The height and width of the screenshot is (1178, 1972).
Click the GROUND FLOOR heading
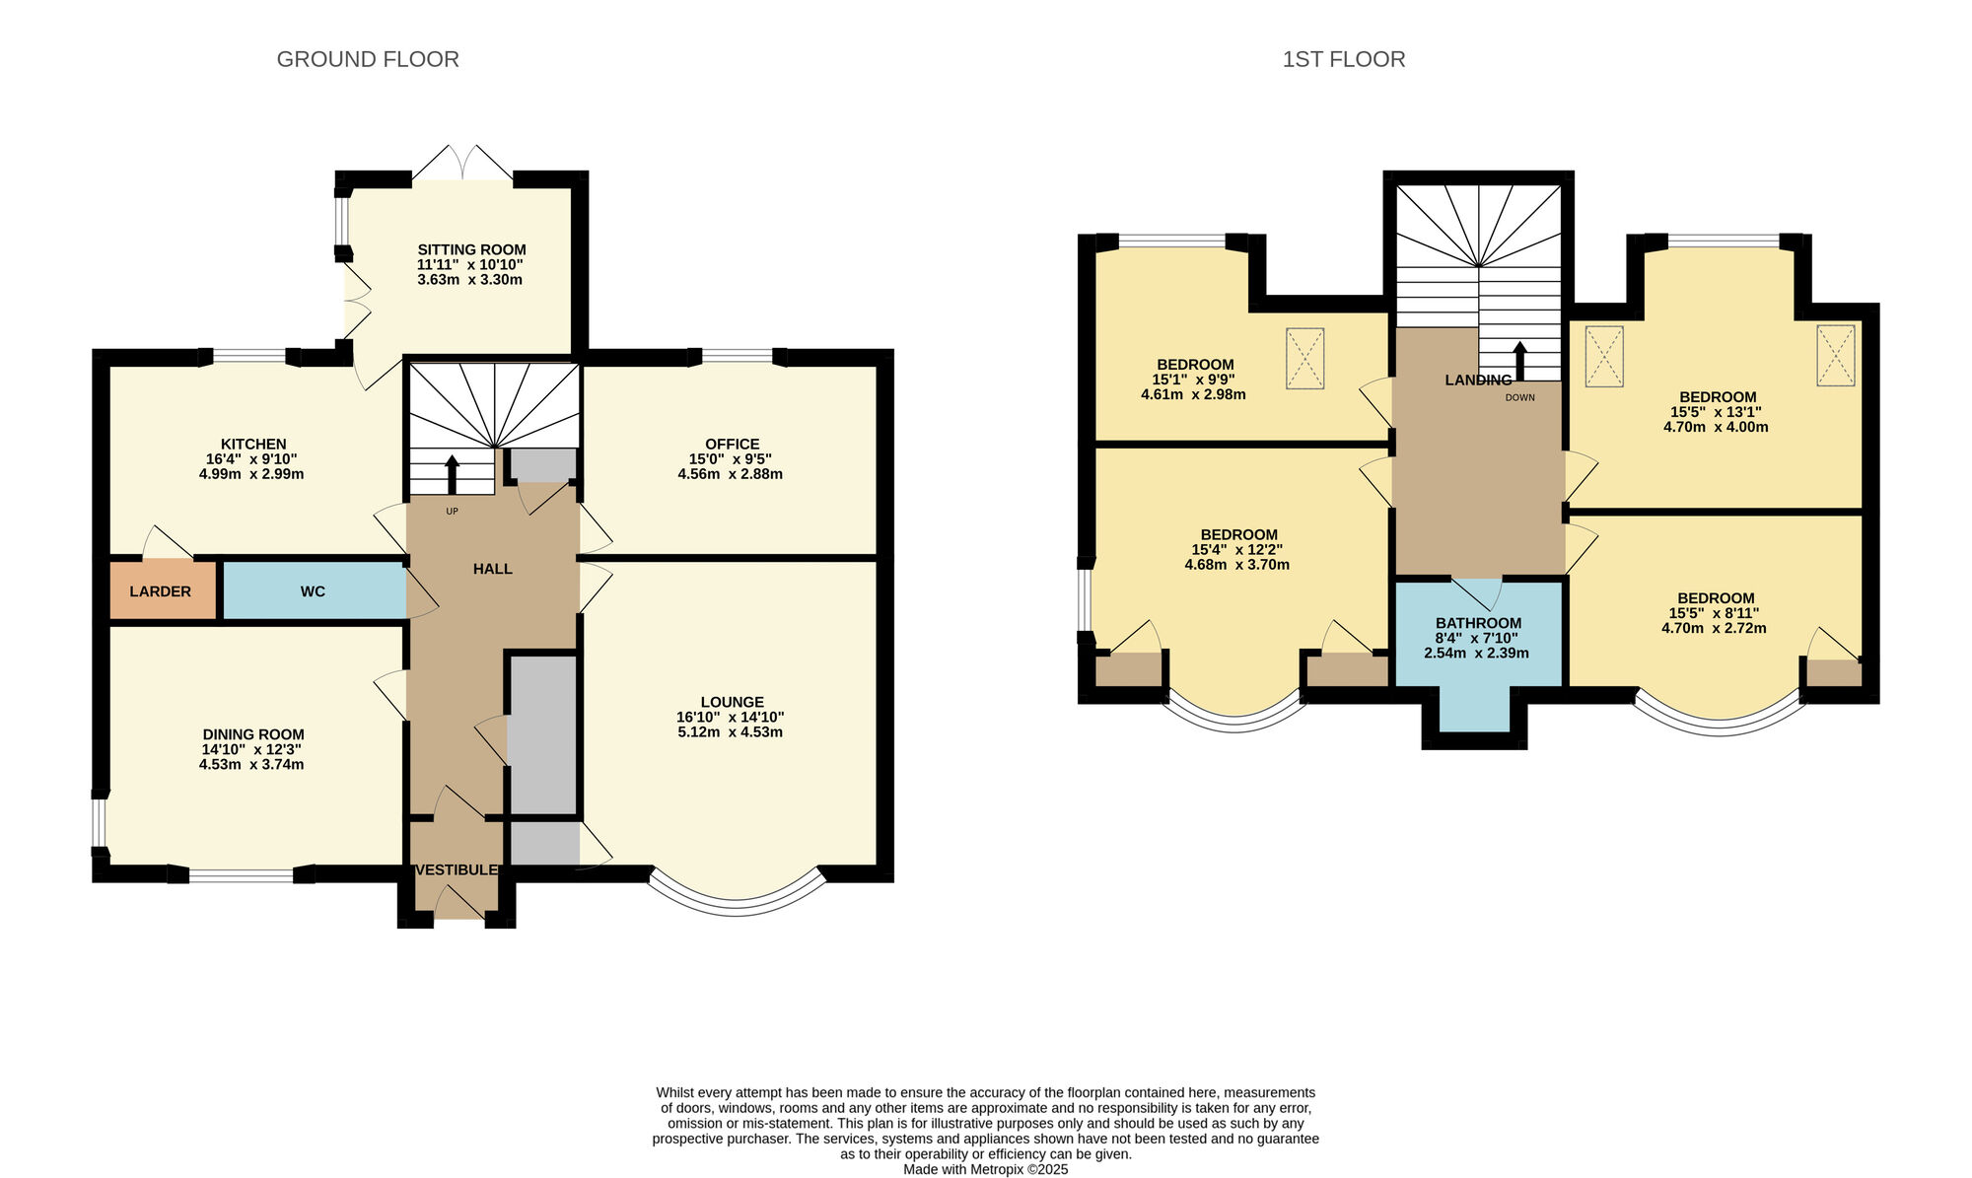368,59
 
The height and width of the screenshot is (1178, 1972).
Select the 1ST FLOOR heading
1343,59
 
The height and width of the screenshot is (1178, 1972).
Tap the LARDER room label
160,591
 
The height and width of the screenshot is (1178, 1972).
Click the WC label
313,591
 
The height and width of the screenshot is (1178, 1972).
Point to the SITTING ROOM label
471,250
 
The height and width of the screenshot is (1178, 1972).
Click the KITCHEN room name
253,445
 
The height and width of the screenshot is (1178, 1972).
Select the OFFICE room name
732,445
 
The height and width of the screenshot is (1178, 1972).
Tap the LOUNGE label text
732,703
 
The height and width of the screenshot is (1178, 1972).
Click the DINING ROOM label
253,734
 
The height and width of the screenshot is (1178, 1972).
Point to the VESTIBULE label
456,870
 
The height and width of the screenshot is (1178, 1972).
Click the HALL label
492,569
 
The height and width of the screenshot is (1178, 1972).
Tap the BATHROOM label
1478,623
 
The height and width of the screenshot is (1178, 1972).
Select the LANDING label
1478,381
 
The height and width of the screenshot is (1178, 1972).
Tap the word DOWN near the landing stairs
1519,397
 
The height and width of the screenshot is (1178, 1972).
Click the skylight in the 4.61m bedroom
1304,359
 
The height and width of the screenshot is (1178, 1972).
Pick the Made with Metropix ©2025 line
985,1169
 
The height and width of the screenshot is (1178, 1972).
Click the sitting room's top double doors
462,165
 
